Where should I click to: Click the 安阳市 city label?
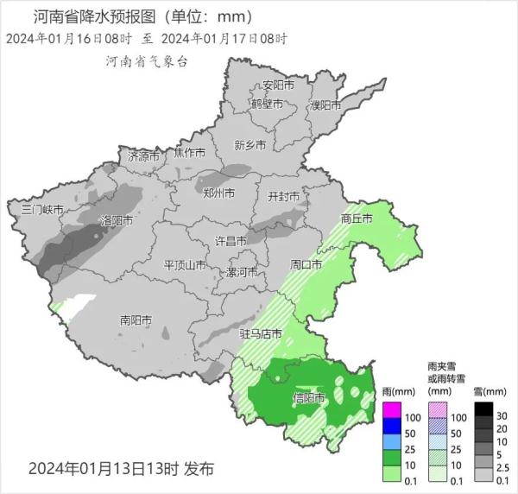(278, 85)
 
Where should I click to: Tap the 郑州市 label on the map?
(218, 193)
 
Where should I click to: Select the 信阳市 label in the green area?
(309, 398)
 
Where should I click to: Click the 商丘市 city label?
(356, 218)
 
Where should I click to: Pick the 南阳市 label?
(136, 320)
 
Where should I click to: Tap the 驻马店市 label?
(261, 332)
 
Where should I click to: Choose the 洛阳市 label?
(117, 221)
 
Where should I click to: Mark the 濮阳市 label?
(325, 105)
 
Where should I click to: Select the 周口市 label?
(306, 263)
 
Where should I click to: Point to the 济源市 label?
(144, 157)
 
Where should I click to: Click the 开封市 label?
(284, 197)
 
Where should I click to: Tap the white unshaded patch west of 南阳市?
(79, 305)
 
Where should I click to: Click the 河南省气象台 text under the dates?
(146, 61)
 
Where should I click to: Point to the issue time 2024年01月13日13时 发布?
(121, 469)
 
